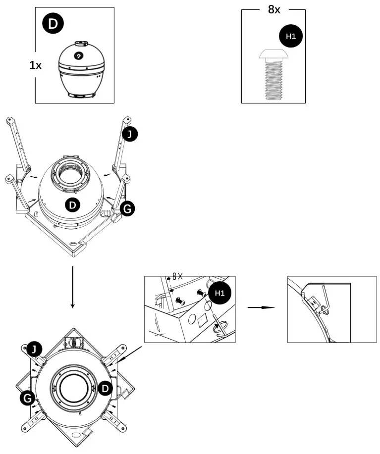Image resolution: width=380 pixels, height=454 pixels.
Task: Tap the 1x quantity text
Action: (35, 65)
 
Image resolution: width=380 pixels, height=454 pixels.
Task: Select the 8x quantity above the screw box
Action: (274, 9)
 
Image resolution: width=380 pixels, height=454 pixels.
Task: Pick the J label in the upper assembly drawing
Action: (130, 134)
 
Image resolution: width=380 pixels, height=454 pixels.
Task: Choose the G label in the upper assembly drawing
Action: (127, 209)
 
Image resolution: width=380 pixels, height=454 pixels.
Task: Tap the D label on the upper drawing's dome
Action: (73, 204)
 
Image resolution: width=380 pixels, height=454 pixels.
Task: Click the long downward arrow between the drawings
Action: (73, 287)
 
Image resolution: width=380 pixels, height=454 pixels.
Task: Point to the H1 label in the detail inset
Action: (220, 293)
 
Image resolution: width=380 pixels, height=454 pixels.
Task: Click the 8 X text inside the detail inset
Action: (177, 277)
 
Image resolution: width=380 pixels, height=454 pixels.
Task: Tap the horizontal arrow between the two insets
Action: (261, 307)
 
